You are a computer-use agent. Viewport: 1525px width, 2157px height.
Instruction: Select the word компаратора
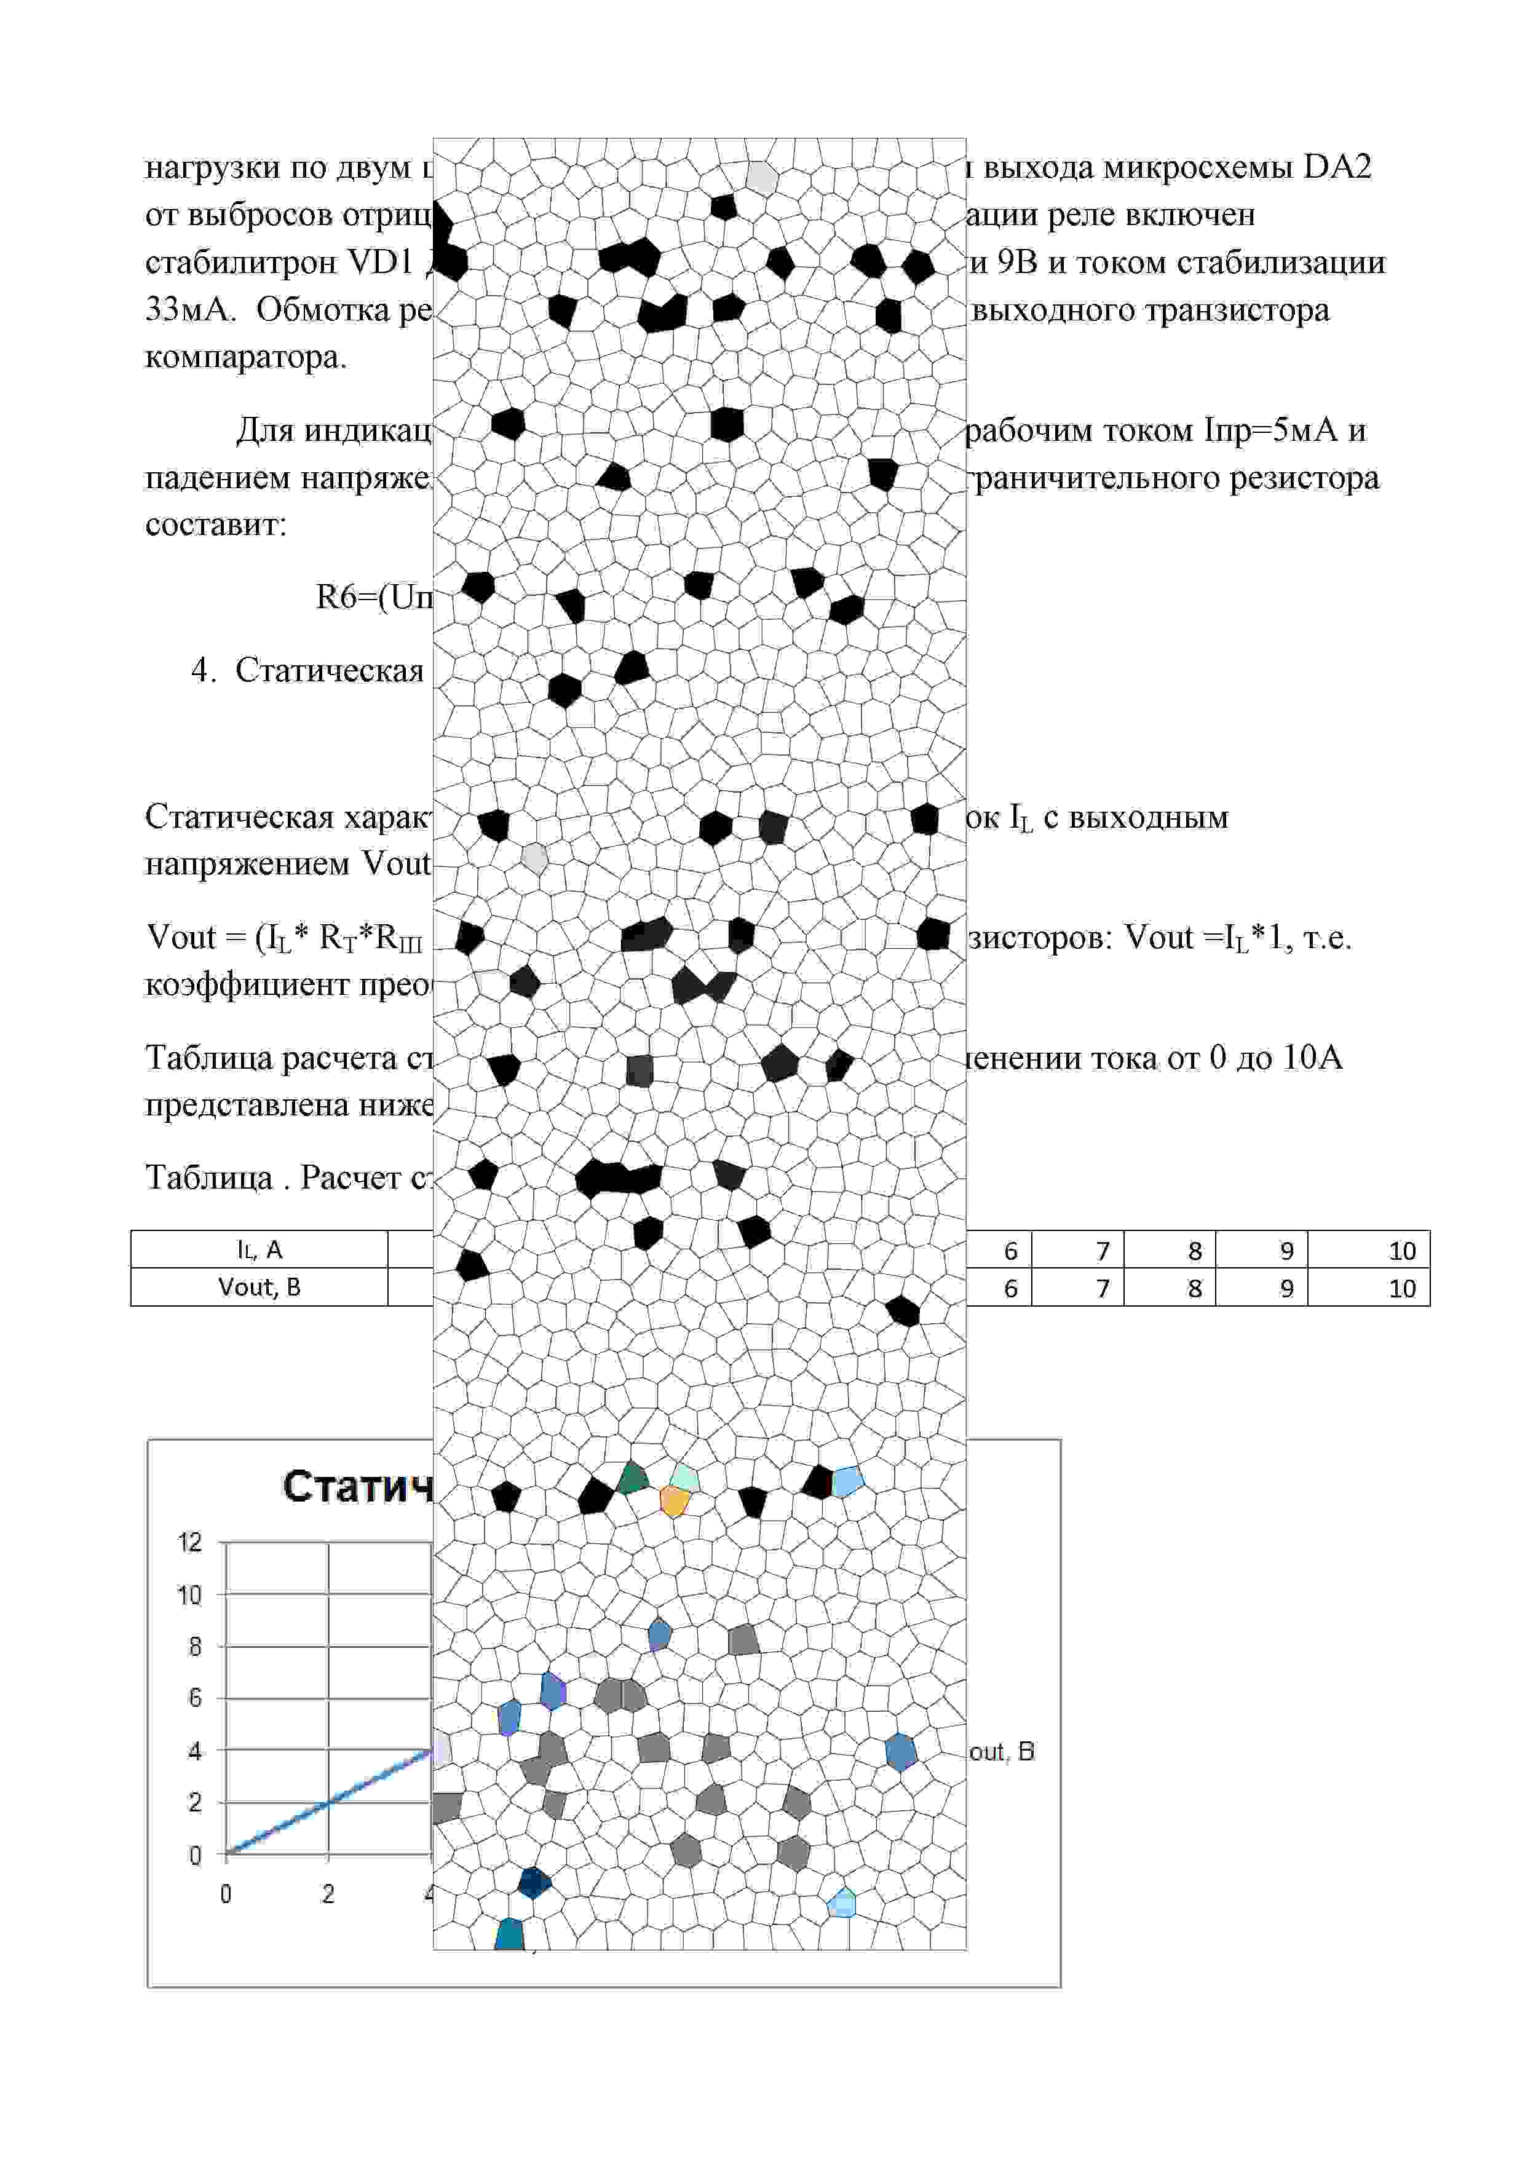(246, 357)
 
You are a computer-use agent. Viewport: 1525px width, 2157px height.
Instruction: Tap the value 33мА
(189, 309)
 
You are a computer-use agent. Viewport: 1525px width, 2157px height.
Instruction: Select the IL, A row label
(259, 1249)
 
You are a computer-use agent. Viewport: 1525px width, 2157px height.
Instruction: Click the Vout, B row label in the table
(259, 1287)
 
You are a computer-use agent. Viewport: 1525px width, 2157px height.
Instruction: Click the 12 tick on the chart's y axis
(190, 1542)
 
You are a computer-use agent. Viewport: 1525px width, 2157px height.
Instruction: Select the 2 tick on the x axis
(328, 1894)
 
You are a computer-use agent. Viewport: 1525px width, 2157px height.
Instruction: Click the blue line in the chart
(329, 1802)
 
